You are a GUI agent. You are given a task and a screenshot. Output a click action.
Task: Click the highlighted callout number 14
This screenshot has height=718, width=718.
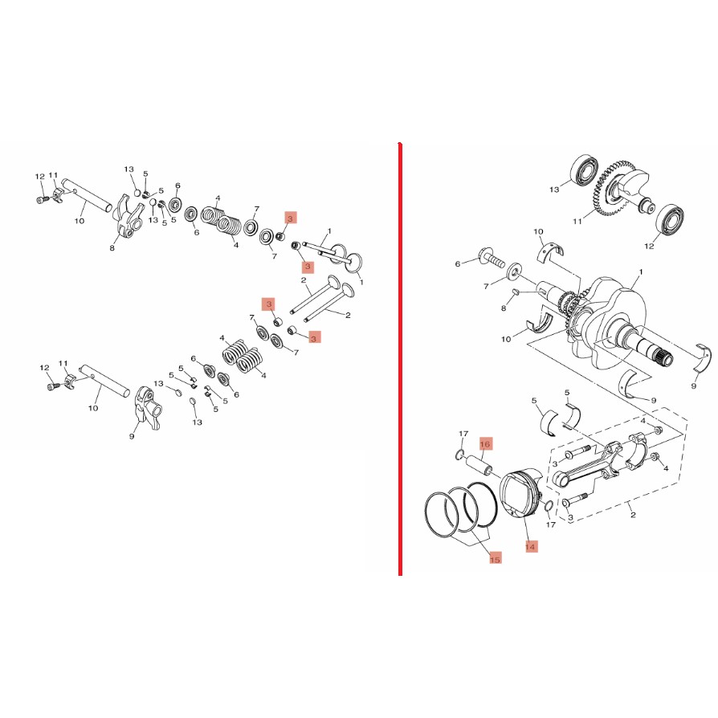pos(530,546)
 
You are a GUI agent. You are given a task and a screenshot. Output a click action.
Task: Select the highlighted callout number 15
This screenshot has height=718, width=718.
pos(495,559)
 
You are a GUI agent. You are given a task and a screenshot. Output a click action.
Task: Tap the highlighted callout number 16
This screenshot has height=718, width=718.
pos(485,443)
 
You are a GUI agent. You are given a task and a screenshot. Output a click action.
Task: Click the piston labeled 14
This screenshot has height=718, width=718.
pos(521,492)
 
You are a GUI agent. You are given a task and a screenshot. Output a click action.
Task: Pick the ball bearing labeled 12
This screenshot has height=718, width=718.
pos(670,218)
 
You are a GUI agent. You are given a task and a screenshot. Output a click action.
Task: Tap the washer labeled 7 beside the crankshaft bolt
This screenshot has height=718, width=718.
pos(514,272)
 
